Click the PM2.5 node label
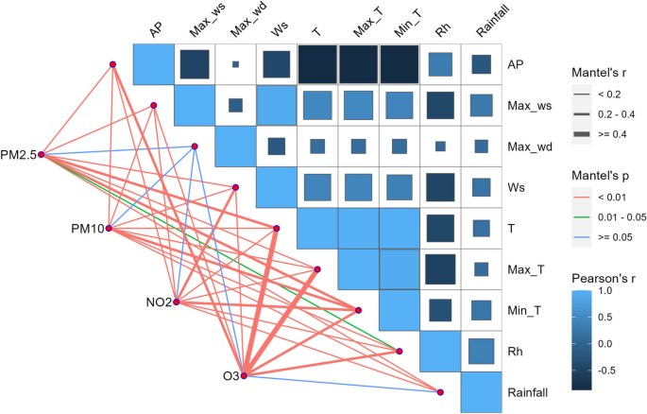coord(19,155)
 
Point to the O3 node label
coord(230,377)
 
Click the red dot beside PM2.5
coord(42,155)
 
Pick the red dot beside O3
coord(244,376)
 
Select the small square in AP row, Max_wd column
coord(235,64)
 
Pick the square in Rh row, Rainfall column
coord(481,351)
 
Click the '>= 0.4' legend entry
coord(607,135)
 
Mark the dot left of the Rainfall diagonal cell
coord(440,391)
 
